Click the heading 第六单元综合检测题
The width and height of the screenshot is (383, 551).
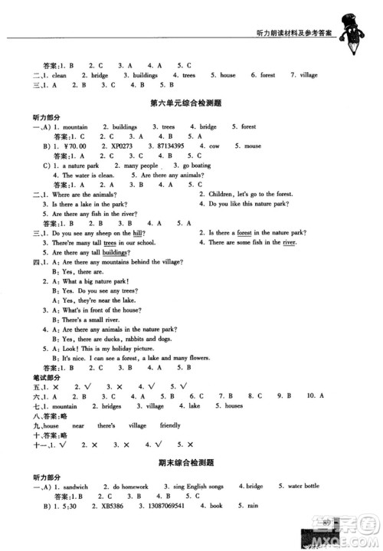(x=191, y=102)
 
